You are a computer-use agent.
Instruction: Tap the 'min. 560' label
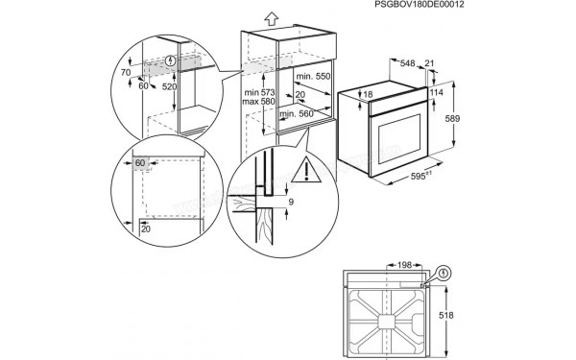tap(298, 113)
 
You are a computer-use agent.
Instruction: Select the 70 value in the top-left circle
tap(126, 72)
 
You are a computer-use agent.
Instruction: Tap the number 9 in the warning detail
tap(290, 203)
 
